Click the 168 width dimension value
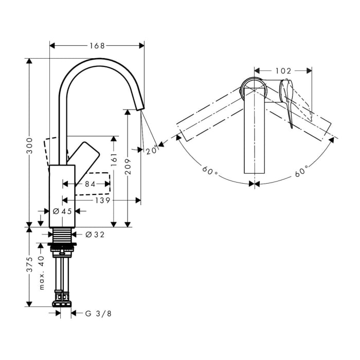coord(97,46)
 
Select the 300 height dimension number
coord(30,146)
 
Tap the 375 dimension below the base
coord(30,264)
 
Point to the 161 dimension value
coord(114,159)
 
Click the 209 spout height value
coord(128,166)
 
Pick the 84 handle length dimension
coord(90,184)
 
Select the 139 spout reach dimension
coord(103,201)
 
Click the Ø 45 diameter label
coord(62,211)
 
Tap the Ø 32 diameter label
coord(95,235)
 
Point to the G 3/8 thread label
coord(98,313)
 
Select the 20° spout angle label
coord(152,150)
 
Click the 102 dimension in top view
coord(283,71)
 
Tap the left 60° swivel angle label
coord(210,170)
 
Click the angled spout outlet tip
coord(140,108)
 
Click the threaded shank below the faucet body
coord(62,235)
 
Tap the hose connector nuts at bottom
coord(62,298)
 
